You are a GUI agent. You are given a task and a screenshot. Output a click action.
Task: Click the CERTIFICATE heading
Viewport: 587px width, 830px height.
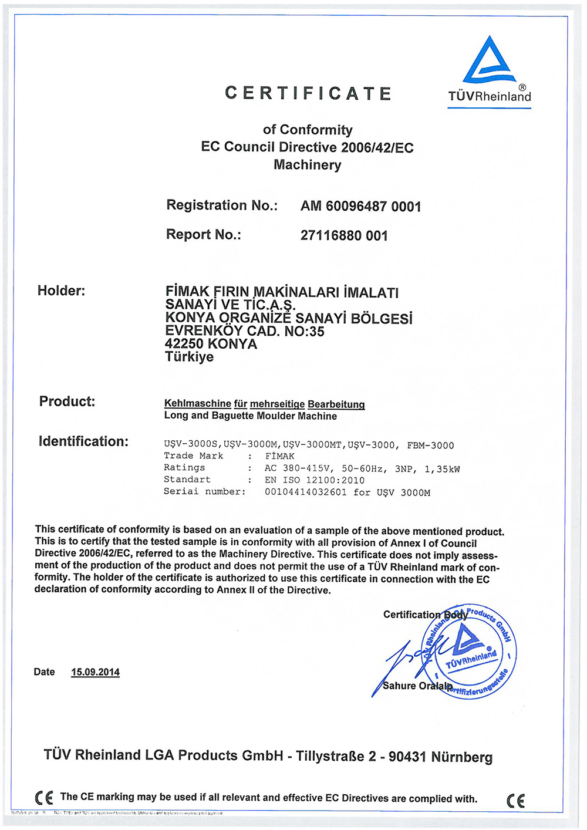[308, 93]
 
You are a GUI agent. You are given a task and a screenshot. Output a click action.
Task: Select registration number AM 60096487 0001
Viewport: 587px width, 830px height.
[360, 206]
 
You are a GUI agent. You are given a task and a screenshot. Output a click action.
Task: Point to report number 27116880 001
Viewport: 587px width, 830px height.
[344, 235]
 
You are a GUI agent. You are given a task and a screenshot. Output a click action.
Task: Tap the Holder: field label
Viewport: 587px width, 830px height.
[61, 291]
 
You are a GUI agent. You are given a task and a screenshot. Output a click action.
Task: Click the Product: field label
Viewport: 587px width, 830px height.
[67, 401]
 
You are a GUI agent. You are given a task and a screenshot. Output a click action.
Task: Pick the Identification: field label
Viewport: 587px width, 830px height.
[83, 441]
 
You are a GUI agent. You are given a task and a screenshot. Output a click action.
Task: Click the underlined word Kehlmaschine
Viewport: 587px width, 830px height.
[198, 404]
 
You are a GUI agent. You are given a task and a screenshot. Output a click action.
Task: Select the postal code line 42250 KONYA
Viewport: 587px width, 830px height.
[211, 344]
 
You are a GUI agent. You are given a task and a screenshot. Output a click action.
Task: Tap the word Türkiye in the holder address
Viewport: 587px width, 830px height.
[189, 357]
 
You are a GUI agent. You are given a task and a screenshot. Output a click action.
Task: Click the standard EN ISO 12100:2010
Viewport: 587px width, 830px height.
[315, 480]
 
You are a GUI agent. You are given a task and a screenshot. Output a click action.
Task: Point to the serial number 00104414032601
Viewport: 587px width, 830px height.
[306, 492]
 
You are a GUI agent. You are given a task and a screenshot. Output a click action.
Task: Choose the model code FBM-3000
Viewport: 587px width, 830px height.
[430, 446]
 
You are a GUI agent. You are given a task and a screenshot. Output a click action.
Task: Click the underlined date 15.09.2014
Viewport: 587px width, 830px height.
[95, 672]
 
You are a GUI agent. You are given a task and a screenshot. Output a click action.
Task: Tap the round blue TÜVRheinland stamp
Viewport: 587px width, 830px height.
[470, 652]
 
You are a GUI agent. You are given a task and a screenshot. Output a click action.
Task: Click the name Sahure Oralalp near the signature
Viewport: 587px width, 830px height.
[417, 686]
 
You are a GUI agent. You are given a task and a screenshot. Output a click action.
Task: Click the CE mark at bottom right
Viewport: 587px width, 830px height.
[515, 800]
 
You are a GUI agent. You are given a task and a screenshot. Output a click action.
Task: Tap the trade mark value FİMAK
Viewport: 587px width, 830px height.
[279, 456]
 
